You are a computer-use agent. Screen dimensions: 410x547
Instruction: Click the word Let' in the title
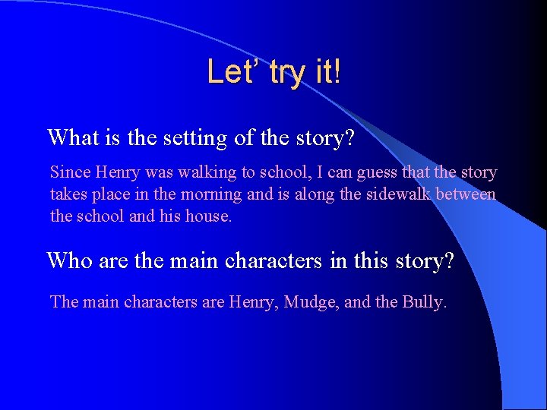click(229, 73)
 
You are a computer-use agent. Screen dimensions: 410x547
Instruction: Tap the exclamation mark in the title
click(337, 73)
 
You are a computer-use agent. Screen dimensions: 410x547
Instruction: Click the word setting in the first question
click(189, 138)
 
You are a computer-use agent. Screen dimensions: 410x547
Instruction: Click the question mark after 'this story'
click(447, 260)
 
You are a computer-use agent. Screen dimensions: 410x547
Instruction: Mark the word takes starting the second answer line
click(69, 194)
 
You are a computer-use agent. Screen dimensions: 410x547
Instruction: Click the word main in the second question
click(160, 260)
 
